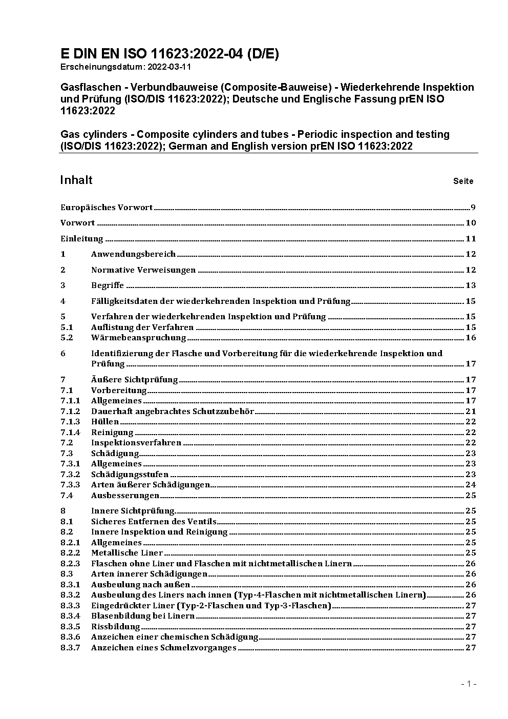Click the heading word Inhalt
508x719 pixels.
click(x=76, y=180)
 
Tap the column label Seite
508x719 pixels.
click(x=463, y=181)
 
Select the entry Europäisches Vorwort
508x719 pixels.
click(x=107, y=208)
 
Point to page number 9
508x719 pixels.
click(x=473, y=208)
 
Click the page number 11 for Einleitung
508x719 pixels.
click(x=471, y=239)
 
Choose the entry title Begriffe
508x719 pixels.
click(x=108, y=285)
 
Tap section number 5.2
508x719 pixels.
click(x=67, y=338)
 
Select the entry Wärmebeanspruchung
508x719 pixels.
click(x=138, y=338)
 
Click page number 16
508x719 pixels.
click(x=471, y=338)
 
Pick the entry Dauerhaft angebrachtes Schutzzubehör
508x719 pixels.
click(x=173, y=411)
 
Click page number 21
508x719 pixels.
click(x=471, y=411)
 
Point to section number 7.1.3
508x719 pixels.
click(x=70, y=422)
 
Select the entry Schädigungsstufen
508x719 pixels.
click(x=130, y=475)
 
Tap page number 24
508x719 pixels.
click(x=471, y=485)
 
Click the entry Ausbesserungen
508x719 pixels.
click(x=125, y=496)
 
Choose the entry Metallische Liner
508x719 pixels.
click(x=127, y=553)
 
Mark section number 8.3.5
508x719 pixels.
click(x=70, y=627)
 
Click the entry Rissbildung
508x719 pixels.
click(x=115, y=627)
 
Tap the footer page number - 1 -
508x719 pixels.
click(x=469, y=684)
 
